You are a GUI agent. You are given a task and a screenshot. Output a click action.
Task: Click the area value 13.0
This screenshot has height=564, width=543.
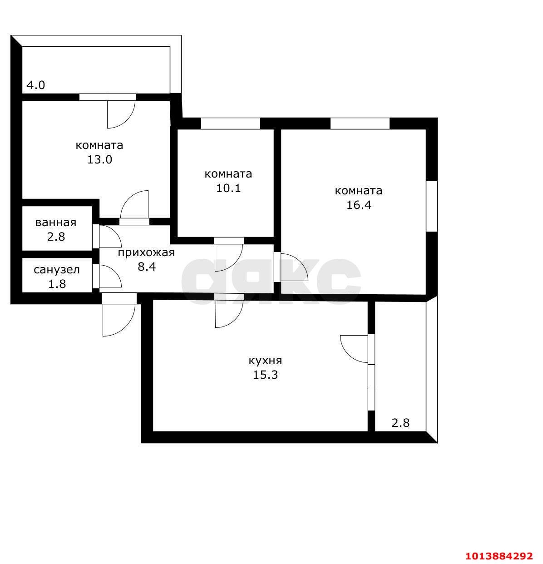tap(99, 160)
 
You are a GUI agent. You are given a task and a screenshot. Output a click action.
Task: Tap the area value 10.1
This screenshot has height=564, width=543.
tap(228, 188)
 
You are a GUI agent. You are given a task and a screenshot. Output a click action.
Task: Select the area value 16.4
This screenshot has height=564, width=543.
tap(359, 205)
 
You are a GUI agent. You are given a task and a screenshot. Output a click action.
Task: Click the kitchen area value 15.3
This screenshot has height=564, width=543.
tap(265, 375)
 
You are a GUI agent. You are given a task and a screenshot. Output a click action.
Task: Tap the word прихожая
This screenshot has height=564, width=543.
tap(146, 253)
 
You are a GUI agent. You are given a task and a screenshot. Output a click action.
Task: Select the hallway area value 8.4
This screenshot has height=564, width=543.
tap(147, 267)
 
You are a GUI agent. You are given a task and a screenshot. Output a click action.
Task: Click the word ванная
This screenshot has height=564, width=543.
tap(56, 223)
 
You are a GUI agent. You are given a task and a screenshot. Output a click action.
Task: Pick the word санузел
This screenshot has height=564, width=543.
tap(57, 270)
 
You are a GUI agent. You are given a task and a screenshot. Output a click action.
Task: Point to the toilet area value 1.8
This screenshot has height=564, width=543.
tap(56, 284)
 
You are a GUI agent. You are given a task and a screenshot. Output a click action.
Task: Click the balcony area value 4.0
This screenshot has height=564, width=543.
tap(36, 85)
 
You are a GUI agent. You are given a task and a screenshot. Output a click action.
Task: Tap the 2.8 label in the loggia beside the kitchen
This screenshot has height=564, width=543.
tap(400, 423)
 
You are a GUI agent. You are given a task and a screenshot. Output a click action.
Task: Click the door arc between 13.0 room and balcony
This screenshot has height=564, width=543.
tap(121, 114)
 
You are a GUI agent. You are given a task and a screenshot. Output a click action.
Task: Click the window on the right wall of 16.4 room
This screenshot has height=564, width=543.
tap(431, 206)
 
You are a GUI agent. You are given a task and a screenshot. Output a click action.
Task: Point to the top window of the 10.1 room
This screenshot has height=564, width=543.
tap(231, 124)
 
